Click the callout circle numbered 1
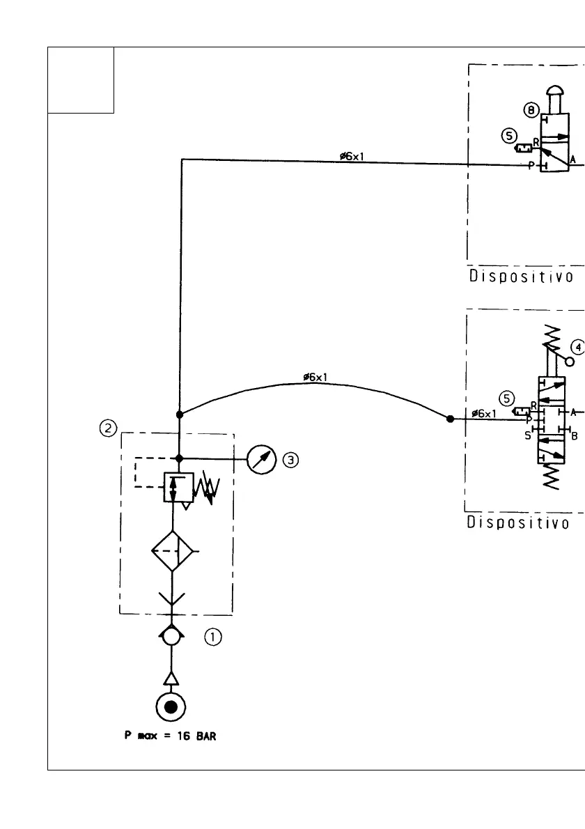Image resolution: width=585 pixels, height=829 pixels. pos(212,636)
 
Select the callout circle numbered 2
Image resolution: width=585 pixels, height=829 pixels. pos(108,429)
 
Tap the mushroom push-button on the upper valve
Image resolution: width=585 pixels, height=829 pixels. pos(556,93)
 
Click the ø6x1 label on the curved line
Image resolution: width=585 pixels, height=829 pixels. pos(317,378)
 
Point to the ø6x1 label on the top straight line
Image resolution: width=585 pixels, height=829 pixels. pos(352,156)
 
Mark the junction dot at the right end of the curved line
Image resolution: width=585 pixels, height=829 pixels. pos(450,419)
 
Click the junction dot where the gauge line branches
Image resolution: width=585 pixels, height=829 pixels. pos(180,458)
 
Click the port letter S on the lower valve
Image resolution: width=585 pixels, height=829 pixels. pos(527,435)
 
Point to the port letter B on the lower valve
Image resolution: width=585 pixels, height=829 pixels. pos(575,437)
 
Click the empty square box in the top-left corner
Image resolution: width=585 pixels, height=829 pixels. pos(81,79)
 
